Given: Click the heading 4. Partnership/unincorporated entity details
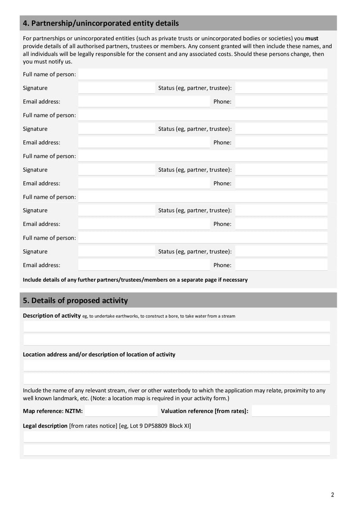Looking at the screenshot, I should (101, 23).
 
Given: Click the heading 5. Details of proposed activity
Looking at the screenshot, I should (75, 301).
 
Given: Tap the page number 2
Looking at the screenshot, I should (333, 495).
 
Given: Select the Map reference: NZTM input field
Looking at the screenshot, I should (121, 411).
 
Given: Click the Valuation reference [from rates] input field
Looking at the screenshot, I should (290, 411).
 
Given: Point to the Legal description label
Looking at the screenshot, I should (45, 426).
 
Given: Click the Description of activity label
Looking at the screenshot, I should (52, 316).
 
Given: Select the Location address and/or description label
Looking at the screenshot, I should (99, 355).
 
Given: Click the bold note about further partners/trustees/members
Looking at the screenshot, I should (135, 280).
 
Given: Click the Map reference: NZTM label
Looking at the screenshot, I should (53, 411).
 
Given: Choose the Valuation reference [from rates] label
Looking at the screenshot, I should (204, 411).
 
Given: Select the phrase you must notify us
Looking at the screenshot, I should (47, 62).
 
